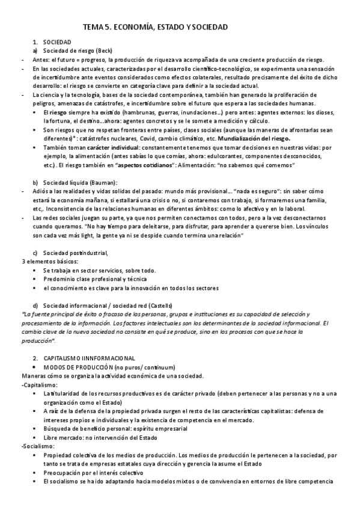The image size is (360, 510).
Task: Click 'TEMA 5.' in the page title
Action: (96, 28)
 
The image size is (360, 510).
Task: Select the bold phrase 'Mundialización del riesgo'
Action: (255, 137)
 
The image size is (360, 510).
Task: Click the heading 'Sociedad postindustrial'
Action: (75, 253)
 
